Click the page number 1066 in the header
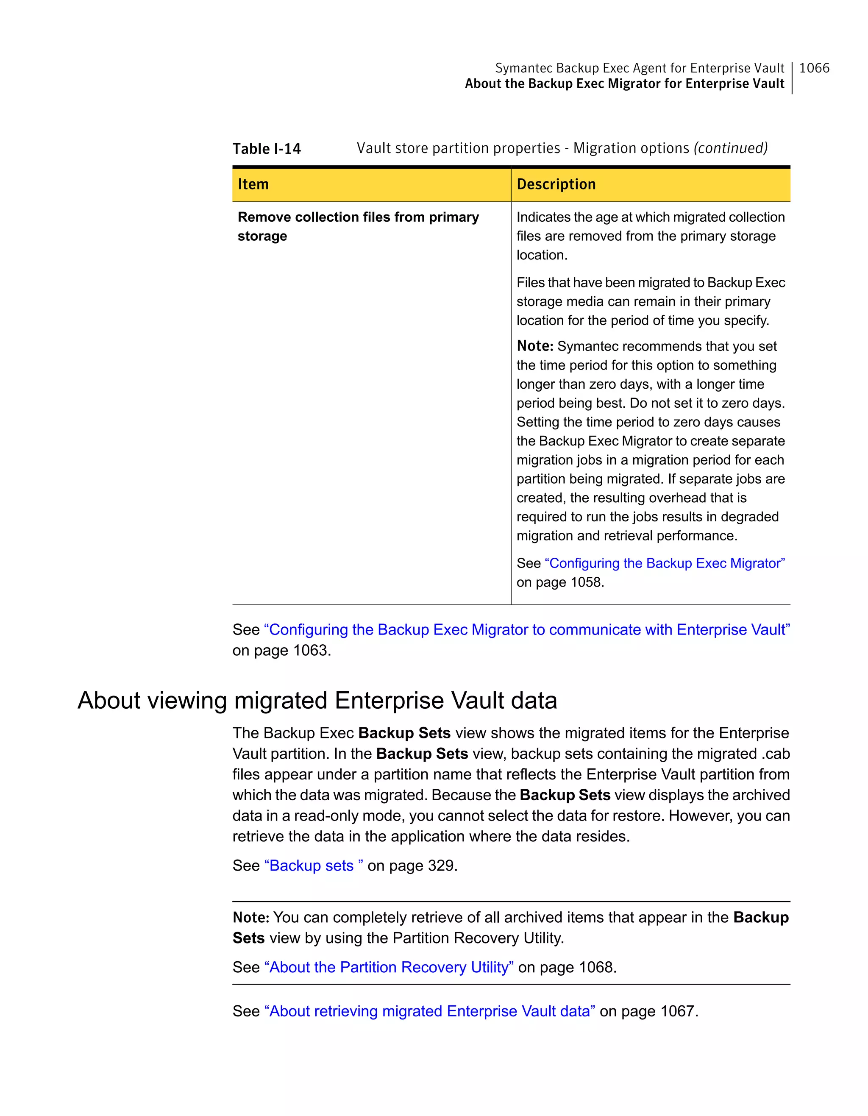coord(814,68)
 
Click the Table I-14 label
coord(267,149)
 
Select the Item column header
coord(253,184)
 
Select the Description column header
coord(556,184)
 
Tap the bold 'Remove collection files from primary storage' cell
coord(358,226)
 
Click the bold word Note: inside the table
coord(535,346)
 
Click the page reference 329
coord(441,866)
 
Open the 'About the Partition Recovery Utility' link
coord(389,967)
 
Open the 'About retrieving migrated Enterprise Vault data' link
coord(429,1011)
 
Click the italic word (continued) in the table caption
coord(730,148)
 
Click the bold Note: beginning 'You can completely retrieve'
coord(251,918)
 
